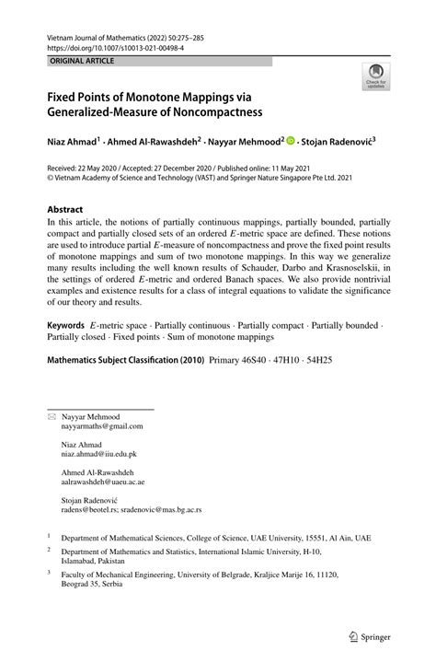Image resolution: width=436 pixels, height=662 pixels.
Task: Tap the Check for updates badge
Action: coord(374,77)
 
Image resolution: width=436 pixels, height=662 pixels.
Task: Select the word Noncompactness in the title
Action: coord(214,112)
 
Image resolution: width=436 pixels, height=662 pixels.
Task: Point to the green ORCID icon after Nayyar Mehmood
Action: coord(290,143)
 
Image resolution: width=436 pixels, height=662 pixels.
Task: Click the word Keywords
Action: coord(67,327)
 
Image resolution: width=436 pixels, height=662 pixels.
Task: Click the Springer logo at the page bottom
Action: coord(370,634)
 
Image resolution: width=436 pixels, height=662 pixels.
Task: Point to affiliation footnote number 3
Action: coord(50,570)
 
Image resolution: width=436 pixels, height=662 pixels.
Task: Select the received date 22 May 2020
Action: coord(108,169)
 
